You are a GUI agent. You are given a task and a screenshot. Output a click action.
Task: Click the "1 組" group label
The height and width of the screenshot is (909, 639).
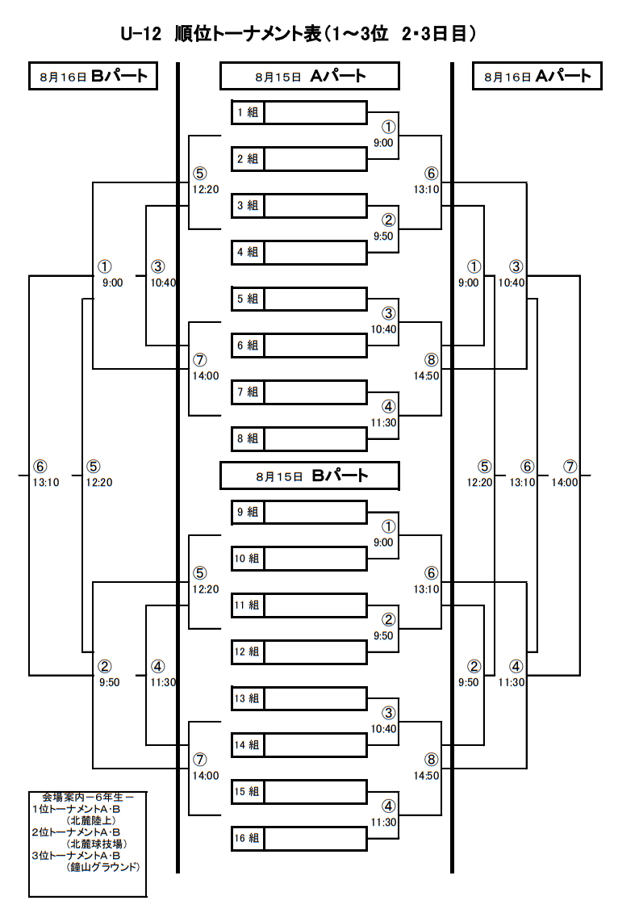pos(248,112)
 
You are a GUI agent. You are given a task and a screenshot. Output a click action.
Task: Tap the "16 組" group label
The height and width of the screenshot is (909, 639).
pos(247,838)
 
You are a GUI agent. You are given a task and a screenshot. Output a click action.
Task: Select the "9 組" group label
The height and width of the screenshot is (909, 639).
pos(248,512)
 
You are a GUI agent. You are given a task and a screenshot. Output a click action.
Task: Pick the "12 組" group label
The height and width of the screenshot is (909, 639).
pos(247,651)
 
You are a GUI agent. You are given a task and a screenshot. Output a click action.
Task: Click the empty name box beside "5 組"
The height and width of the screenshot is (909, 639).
pos(315,300)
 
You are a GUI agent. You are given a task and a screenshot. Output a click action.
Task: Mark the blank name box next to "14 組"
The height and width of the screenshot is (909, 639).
pos(315,745)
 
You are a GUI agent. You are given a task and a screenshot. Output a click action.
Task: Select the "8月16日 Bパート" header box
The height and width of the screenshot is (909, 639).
pos(93,76)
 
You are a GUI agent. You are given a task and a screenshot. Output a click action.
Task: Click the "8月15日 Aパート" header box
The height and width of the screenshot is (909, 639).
pos(309,76)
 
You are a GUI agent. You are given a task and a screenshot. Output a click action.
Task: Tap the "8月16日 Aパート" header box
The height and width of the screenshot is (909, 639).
pos(537,76)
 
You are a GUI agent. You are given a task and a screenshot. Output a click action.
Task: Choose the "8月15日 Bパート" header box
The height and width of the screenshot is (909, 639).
pos(309,476)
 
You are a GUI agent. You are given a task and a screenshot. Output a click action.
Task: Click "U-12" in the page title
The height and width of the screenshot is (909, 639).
pos(140,34)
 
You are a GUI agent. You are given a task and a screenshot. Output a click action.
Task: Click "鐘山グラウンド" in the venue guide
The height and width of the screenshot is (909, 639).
pos(103,867)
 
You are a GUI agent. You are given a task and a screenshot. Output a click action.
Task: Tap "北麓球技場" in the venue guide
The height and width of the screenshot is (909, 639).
pos(97,844)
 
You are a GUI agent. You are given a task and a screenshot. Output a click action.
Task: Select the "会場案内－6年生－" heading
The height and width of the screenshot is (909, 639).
pos(87,798)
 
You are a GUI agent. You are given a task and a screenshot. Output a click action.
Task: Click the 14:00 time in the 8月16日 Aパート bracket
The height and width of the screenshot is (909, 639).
pos(564,482)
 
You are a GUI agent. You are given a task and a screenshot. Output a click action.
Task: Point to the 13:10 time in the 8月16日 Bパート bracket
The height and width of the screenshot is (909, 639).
pos(46,482)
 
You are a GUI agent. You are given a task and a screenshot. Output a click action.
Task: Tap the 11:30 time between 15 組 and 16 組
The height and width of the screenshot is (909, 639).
pos(383,823)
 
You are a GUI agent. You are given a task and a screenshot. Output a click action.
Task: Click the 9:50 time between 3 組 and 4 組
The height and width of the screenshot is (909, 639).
pos(383,237)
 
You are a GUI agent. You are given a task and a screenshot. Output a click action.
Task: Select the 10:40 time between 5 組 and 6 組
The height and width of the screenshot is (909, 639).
pos(383,330)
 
